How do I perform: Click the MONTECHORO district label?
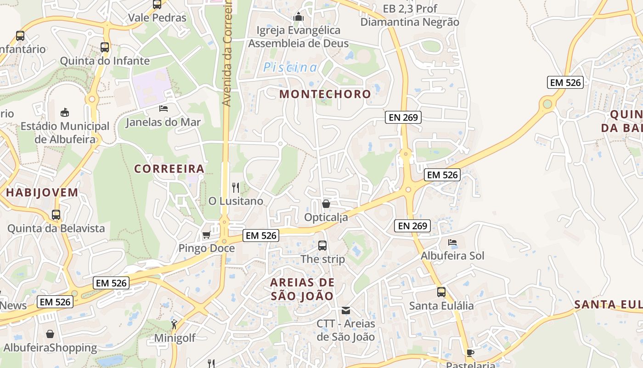(325, 94)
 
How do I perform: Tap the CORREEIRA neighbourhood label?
(169, 169)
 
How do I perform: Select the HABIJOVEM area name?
(42, 192)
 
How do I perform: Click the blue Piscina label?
(290, 68)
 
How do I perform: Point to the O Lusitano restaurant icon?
(236, 187)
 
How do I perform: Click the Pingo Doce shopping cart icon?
(206, 235)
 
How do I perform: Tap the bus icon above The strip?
(322, 246)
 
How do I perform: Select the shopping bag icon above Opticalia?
(326, 203)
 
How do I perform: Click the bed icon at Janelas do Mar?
(164, 109)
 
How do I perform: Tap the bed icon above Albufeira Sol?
(452, 242)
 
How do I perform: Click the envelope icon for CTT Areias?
(346, 310)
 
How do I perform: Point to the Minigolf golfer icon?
(174, 325)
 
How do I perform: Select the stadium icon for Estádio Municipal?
(65, 112)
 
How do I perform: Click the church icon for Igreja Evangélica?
(299, 17)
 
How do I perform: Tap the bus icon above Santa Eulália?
(441, 292)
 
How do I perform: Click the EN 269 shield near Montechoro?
(403, 117)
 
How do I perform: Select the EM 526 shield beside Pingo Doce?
(261, 236)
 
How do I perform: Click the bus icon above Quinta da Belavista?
(56, 214)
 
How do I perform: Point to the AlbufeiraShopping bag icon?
(50, 334)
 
